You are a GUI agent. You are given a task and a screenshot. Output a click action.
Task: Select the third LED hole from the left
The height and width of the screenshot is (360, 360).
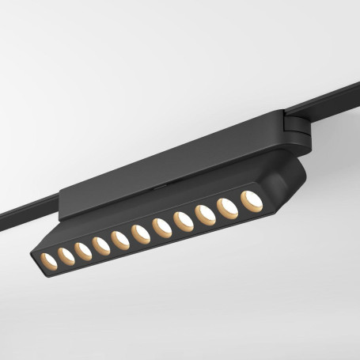click(x=81, y=251)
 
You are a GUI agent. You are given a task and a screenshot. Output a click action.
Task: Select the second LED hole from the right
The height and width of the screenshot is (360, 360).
click(x=227, y=208)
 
